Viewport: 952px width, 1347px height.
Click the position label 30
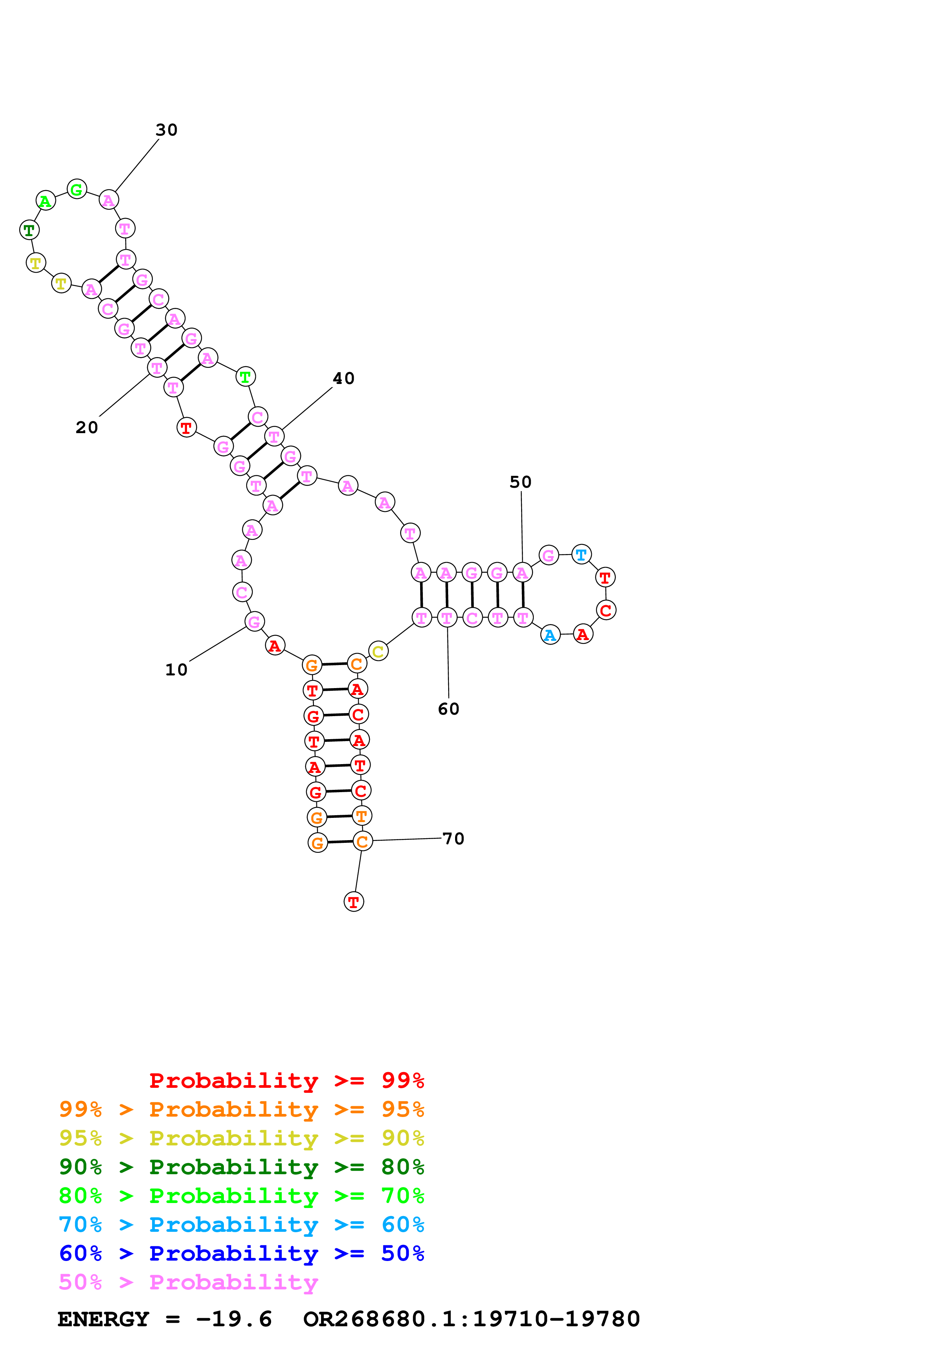167,130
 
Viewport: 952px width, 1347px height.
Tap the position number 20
87,428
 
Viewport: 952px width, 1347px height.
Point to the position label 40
344,378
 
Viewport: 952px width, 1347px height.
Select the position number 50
520,482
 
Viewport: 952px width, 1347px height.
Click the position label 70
454,839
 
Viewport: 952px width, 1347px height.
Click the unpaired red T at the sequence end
354,902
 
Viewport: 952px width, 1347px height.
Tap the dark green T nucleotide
29,230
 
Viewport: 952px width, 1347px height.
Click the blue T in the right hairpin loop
581,554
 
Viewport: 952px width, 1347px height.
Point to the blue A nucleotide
550,635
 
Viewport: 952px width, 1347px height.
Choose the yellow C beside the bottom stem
378,651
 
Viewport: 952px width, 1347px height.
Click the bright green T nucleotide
245,377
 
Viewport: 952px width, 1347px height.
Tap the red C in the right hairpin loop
606,610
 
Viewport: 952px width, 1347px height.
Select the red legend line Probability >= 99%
287,1080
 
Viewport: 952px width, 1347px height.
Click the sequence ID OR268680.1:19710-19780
472,1319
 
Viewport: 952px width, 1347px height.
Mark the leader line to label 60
448,662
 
